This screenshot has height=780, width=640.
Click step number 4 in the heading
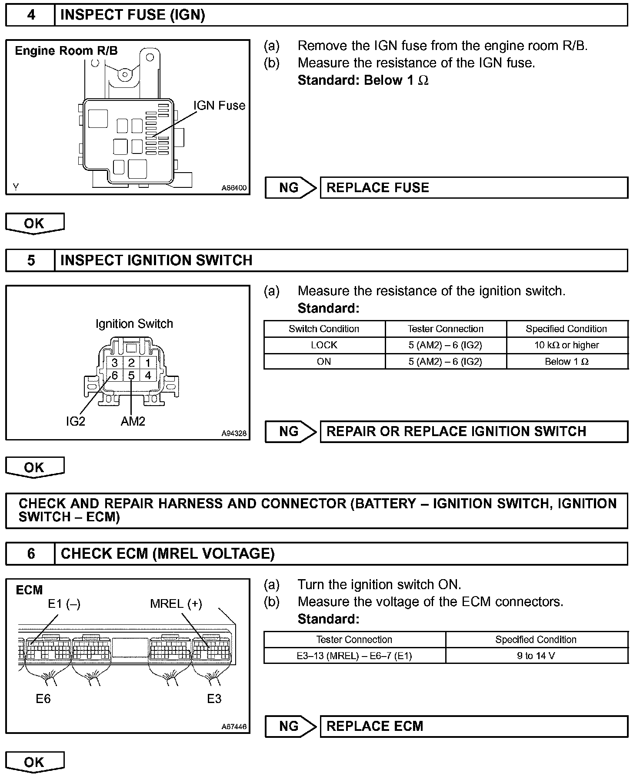31,15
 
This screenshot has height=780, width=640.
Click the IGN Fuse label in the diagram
219,106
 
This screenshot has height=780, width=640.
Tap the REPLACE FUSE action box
473,188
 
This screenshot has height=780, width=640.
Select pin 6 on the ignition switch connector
115,376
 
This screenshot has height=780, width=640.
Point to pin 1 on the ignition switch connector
148,363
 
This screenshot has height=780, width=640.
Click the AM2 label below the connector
133,421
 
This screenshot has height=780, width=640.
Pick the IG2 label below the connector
76,421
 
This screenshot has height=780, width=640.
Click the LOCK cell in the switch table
324,345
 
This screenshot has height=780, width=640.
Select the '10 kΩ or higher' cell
567,345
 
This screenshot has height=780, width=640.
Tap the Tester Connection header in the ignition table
445,329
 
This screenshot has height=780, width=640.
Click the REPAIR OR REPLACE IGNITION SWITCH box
473,431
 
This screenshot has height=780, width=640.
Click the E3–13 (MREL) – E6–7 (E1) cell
354,656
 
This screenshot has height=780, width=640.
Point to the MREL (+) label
176,603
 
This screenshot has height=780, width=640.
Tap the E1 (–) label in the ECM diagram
64,603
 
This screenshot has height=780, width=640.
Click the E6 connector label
43,698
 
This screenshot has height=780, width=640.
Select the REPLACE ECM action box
473,726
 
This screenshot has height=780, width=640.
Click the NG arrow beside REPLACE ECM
290,726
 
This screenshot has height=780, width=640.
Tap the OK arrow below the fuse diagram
34,223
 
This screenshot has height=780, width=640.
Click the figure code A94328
233,433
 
